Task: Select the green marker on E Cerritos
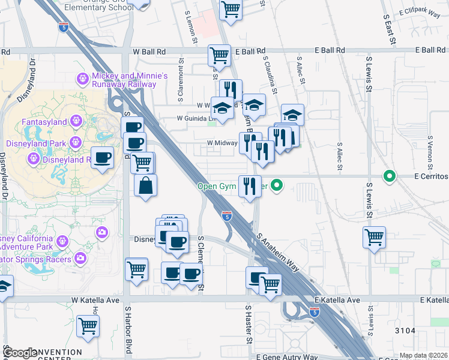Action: (x=390, y=176)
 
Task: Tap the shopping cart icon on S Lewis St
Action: (x=375, y=236)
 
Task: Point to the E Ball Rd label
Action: (x=250, y=51)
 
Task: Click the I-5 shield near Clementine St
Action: (x=227, y=216)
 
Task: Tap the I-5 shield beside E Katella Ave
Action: (x=315, y=312)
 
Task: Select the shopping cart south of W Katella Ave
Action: (x=88, y=326)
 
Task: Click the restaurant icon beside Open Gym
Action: (x=250, y=185)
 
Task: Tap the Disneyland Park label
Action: (x=36, y=143)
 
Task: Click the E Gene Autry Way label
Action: (x=286, y=357)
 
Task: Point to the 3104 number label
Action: (x=405, y=331)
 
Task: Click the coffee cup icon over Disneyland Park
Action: (x=103, y=157)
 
